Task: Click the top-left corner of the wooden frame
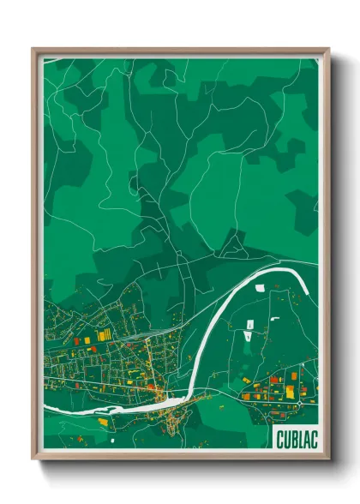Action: (33, 49)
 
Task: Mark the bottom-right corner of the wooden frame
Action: (328, 459)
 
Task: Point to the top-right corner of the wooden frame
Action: (328, 49)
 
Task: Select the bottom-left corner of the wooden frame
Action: (33, 459)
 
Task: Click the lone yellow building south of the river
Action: (103, 422)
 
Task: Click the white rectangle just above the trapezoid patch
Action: (249, 324)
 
